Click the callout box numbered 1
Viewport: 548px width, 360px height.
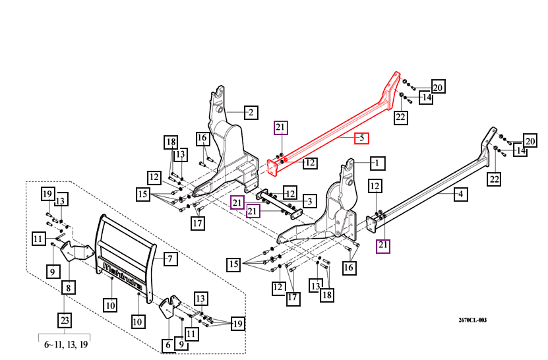(x=377, y=162)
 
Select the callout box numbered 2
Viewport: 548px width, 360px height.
(x=250, y=112)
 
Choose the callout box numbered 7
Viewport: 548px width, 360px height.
(x=169, y=258)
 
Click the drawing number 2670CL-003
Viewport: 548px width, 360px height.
(x=472, y=320)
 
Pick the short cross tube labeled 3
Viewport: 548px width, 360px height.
(x=276, y=204)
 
